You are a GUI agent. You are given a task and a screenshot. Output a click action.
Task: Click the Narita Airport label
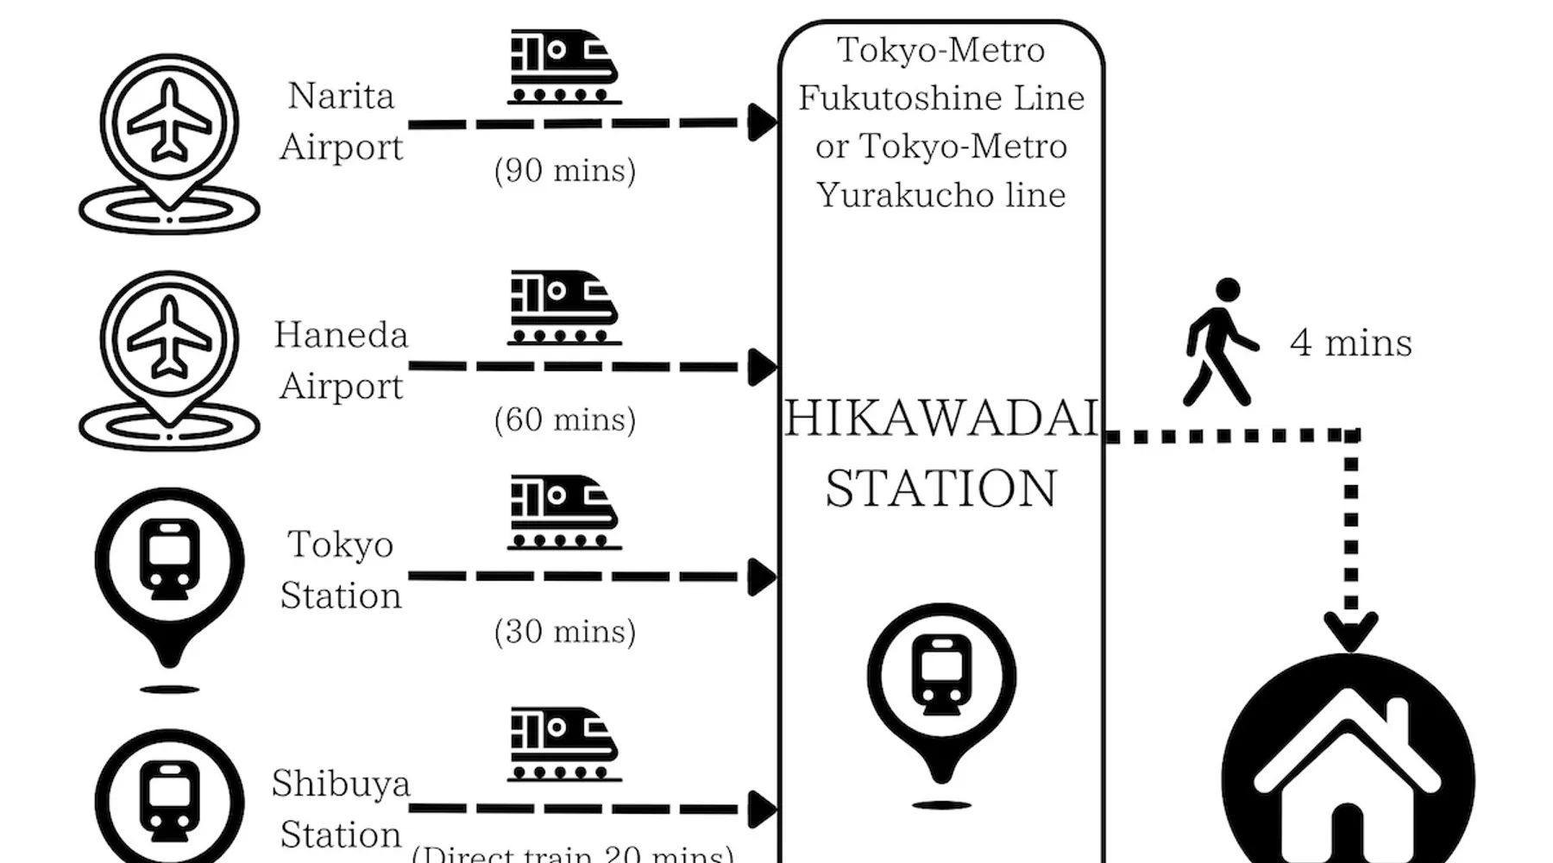(341, 122)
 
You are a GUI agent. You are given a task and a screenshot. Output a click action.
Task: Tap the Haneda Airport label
(341, 360)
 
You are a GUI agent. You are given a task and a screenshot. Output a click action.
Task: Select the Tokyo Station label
(341, 570)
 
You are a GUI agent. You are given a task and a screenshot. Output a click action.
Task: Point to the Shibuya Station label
(341, 809)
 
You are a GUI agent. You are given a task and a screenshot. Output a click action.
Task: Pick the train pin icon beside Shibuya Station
(170, 798)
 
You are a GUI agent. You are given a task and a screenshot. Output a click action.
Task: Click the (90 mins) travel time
(565, 170)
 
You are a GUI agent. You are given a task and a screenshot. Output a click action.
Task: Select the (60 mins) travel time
(565, 419)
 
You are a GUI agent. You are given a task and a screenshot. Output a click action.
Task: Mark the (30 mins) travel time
(565, 632)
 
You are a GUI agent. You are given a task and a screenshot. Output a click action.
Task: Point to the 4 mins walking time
(1351, 343)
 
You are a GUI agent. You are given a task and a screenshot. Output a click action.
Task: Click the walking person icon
(1219, 342)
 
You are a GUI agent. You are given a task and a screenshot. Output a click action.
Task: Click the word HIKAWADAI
(941, 419)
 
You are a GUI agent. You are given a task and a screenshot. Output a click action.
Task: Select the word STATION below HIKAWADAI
(941, 488)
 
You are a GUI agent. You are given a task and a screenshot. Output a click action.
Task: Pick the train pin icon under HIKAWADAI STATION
(941, 690)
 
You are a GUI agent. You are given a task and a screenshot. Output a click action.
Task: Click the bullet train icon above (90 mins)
(563, 67)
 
